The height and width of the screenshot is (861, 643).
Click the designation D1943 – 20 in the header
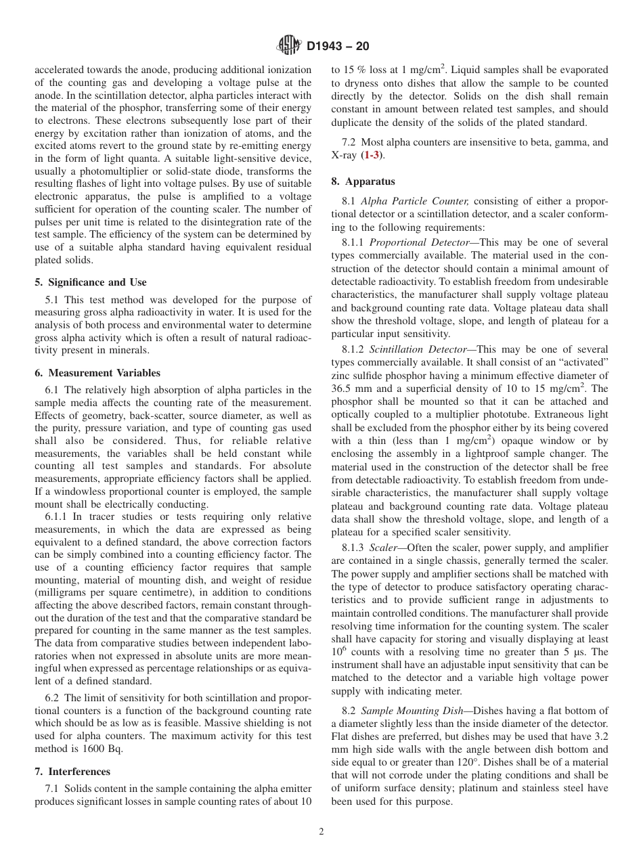[338, 47]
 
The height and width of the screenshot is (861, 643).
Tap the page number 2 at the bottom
[321, 832]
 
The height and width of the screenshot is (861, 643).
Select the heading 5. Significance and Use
[91, 282]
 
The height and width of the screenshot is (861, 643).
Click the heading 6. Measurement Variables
[97, 373]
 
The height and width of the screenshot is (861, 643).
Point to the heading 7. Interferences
[72, 772]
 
